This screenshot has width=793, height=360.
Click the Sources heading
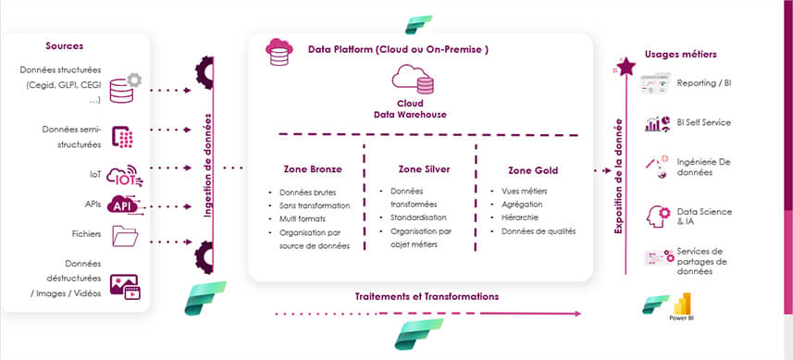coord(65,45)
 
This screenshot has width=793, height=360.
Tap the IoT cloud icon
coord(124,174)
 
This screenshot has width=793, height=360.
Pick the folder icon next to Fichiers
coord(124,237)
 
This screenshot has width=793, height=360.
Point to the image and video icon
coord(124,285)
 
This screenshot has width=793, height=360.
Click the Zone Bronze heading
coord(313,169)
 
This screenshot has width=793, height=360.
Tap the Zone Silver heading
coord(423,169)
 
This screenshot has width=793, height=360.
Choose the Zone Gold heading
coord(532,170)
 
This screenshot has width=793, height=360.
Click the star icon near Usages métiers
coord(626,66)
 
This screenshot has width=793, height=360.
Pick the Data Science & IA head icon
coord(658,216)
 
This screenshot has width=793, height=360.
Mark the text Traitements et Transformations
coord(427,297)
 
